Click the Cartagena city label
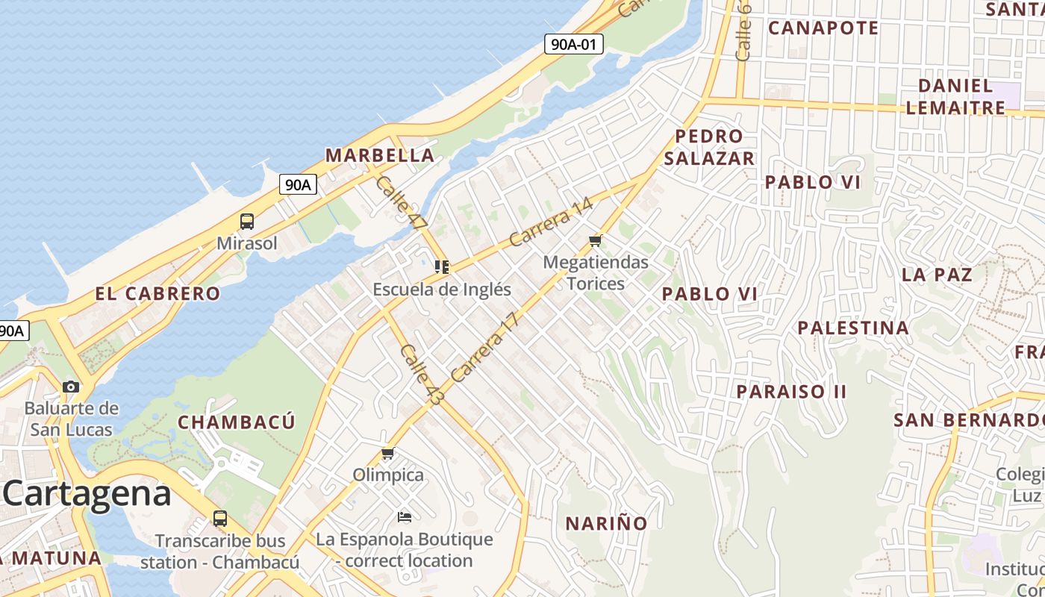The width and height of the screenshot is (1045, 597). pos(87,494)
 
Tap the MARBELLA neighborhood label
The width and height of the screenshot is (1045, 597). pos(380,155)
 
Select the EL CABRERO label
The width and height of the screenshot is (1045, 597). pos(157,293)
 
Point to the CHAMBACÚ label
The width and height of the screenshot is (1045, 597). pos(237,422)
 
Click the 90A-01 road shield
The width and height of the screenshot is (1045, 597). pos(573,44)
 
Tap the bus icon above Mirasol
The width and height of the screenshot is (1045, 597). pos(247,221)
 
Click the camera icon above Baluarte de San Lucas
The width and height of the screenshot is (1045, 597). pos(71,387)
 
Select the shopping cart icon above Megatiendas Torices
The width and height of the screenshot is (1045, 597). pos(595,240)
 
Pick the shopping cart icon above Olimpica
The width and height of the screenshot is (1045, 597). pos(387,453)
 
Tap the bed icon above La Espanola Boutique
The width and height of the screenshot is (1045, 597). pos(404,516)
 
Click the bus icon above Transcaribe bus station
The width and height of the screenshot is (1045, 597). pos(219,518)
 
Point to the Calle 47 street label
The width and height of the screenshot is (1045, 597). pos(401,202)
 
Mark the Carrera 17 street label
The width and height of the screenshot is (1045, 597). pos(484,348)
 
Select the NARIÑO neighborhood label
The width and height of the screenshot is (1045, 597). pos(606,523)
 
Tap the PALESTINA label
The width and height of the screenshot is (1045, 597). pos(853,328)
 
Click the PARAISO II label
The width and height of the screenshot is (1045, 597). pos(791,392)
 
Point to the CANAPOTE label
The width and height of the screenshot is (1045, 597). pos(823,28)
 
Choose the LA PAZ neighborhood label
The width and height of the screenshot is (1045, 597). pos(937,275)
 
